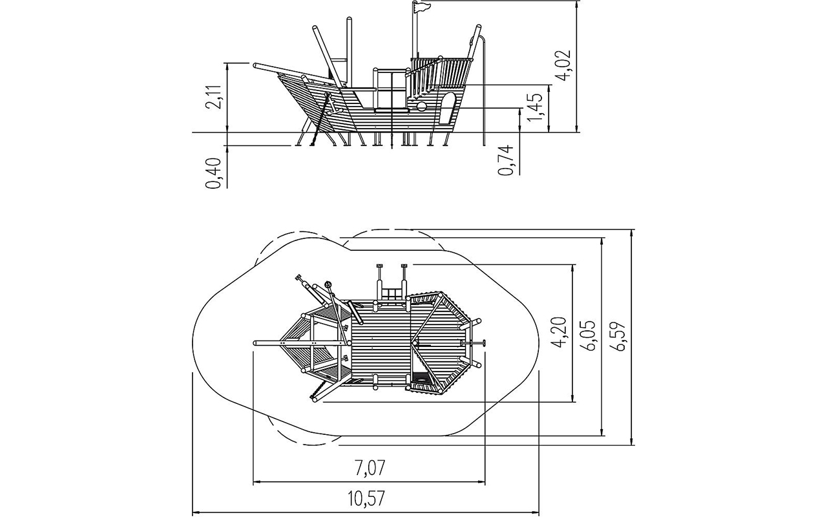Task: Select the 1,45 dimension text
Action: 534,108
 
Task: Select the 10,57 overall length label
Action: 366,498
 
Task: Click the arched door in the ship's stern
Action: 446,108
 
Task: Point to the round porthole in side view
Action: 421,107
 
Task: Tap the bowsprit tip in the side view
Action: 256,66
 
